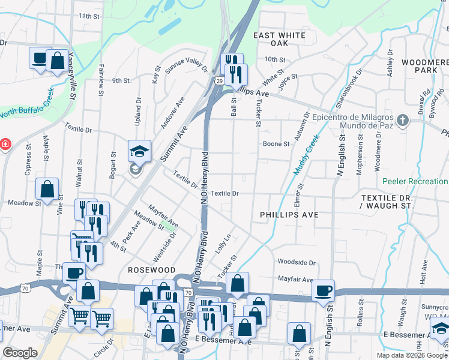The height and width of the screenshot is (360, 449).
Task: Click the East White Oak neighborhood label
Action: pyautogui.click(x=279, y=40)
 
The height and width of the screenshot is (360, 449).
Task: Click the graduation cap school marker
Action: pyautogui.click(x=139, y=151)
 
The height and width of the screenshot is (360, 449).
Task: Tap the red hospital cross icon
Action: pyautogui.click(x=4, y=145)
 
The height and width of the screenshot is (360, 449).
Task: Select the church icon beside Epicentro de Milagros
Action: pyautogui.click(x=402, y=121)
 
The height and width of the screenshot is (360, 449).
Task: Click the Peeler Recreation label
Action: pyautogui.click(x=415, y=181)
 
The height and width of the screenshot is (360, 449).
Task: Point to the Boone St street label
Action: pyautogui.click(x=276, y=144)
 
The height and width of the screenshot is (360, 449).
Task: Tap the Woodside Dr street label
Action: pyautogui.click(x=297, y=263)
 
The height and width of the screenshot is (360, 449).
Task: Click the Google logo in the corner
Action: pyautogui.click(x=20, y=353)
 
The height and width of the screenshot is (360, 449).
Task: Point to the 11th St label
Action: pyautogui.click(x=88, y=16)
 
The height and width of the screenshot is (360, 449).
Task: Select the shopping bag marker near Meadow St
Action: pyautogui.click(x=47, y=189)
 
